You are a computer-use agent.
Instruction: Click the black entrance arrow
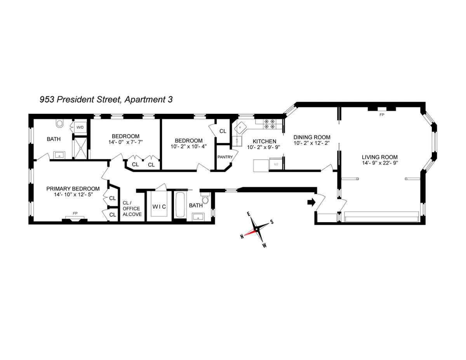(x=311, y=202)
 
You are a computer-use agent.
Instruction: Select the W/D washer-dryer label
(x=80, y=127)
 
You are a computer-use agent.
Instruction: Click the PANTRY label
(x=225, y=157)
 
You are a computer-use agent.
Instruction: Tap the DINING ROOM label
(x=311, y=137)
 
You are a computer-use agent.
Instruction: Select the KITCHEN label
(x=264, y=141)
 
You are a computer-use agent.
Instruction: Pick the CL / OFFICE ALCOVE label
(x=131, y=209)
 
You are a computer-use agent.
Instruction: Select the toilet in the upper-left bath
(x=59, y=123)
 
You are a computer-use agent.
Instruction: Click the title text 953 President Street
(x=106, y=99)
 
